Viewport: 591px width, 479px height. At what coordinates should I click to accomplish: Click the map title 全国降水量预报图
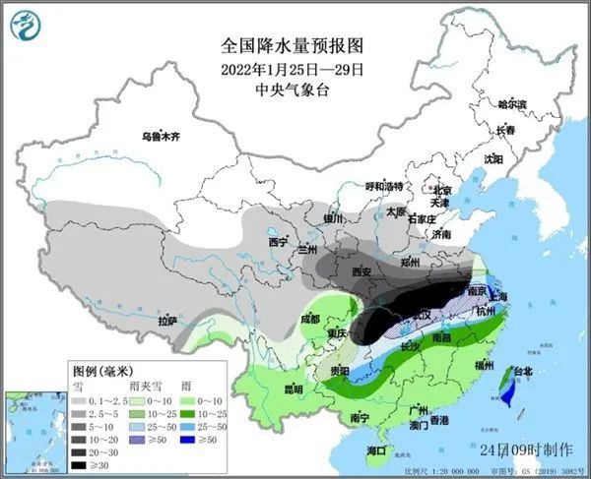click(x=295, y=46)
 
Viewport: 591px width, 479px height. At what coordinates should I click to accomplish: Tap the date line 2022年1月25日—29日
click(x=295, y=69)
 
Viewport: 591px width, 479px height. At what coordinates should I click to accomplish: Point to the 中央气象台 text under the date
click(x=295, y=90)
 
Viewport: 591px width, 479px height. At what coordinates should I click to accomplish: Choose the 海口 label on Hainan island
click(x=375, y=449)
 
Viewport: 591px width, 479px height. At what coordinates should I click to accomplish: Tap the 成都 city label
click(x=310, y=319)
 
